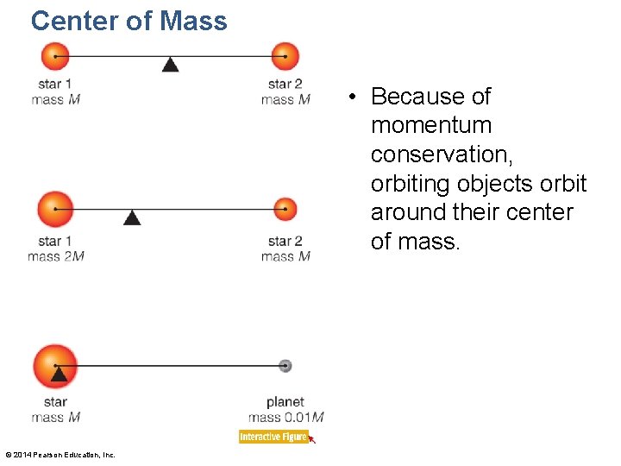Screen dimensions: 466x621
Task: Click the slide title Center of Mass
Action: tap(129, 21)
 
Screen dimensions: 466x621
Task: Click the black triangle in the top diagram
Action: tap(171, 64)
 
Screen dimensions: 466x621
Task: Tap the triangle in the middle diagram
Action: tap(132, 217)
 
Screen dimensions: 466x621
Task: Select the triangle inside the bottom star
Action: tap(59, 373)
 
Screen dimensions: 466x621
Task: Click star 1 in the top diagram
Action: tap(55, 57)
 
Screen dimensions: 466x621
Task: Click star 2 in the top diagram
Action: tap(285, 57)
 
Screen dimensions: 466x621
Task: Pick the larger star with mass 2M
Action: tap(55, 210)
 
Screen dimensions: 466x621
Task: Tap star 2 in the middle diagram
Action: tap(285, 210)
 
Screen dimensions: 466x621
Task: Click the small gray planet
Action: tap(285, 366)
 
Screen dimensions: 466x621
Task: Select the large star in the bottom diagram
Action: tap(55, 365)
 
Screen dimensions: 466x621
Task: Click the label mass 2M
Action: tap(55, 256)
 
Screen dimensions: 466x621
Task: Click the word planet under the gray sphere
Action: tap(285, 402)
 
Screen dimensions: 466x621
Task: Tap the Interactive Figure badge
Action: tap(273, 437)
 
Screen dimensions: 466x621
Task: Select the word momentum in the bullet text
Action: tap(430, 125)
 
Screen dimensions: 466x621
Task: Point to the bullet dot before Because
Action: tap(354, 97)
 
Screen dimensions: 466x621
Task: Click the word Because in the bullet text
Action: tap(417, 96)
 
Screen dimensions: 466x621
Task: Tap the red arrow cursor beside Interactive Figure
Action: tap(312, 439)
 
